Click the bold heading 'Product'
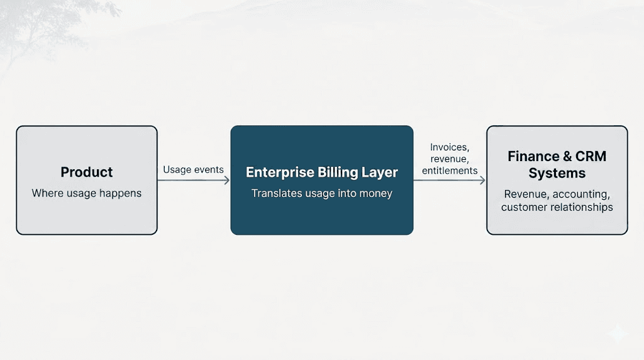click(x=87, y=172)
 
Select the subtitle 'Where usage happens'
click(x=87, y=193)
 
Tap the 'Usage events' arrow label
click(x=193, y=170)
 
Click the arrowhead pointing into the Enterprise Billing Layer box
click(x=226, y=180)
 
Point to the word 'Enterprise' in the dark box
click(x=277, y=172)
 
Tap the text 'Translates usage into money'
click(x=321, y=193)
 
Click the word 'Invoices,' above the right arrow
click(x=450, y=148)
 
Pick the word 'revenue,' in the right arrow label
click(x=450, y=159)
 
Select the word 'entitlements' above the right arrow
click(x=450, y=171)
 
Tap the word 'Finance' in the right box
click(x=534, y=157)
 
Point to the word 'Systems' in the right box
click(x=557, y=173)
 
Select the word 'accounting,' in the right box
click(x=581, y=194)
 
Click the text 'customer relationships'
click(x=557, y=207)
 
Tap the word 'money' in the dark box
click(x=375, y=193)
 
